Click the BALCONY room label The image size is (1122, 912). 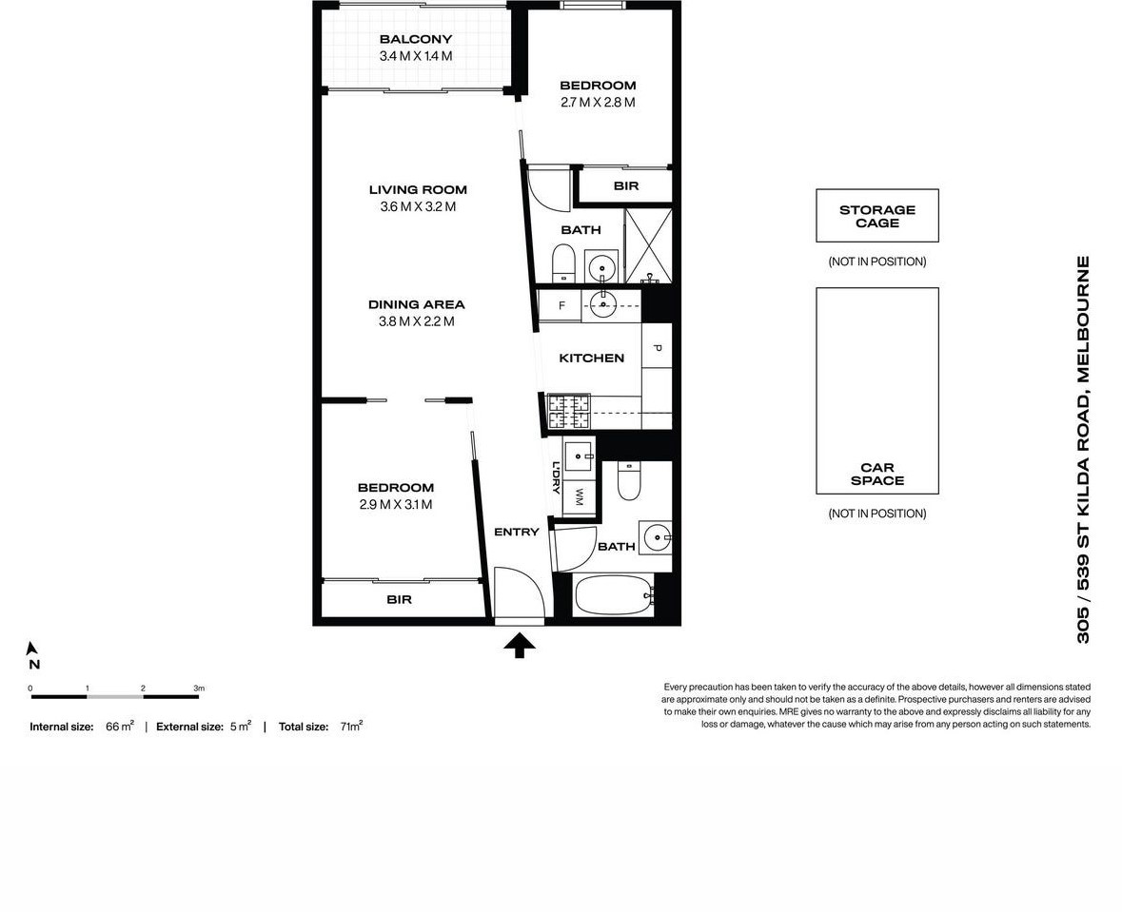415,40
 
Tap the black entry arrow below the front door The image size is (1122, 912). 519,646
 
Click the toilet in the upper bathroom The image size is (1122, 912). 563,263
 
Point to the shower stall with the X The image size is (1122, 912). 648,245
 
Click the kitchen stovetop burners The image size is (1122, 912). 568,412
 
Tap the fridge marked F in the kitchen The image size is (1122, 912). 561,305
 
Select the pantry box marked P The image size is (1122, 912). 657,349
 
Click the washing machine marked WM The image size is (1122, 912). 578,497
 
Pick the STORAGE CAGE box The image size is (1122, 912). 876,216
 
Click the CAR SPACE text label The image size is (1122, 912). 876,474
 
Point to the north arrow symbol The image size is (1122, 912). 33,649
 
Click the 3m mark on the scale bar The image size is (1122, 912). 198,689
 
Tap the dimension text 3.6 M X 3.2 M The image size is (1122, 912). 416,206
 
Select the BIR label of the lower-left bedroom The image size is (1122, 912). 399,600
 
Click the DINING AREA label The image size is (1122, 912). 416,304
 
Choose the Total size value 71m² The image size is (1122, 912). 350,727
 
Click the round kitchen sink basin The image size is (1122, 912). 601,304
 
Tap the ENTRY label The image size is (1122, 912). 516,532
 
